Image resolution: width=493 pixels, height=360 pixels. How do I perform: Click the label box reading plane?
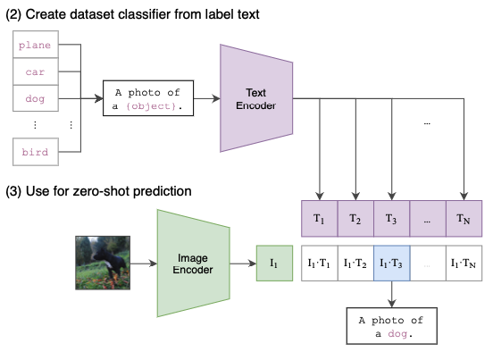pyautogui.click(x=36, y=45)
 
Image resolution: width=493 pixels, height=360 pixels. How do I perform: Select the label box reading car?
pyautogui.click(x=36, y=71)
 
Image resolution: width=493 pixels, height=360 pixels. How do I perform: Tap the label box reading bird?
pyautogui.click(x=36, y=152)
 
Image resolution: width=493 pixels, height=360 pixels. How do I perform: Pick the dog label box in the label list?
pyautogui.click(x=36, y=98)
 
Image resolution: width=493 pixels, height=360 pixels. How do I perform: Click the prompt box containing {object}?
pyautogui.click(x=148, y=98)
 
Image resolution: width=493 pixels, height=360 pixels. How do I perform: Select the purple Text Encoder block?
pyautogui.click(x=256, y=98)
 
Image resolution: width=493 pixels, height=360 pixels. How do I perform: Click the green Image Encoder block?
pyautogui.click(x=194, y=264)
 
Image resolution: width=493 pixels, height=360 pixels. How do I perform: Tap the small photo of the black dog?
pyautogui.click(x=103, y=263)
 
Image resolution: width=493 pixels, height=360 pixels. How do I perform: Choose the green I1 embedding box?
pyautogui.click(x=274, y=264)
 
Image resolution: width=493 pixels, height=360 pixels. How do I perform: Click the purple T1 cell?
pyautogui.click(x=319, y=219)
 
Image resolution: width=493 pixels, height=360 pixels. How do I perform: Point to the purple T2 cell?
pyautogui.click(x=355, y=219)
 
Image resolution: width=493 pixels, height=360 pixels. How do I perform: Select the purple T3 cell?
pyautogui.click(x=392, y=219)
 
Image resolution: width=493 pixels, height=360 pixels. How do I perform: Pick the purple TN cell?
pyautogui.click(x=464, y=219)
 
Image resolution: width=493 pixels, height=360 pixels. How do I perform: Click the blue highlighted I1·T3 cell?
pyautogui.click(x=392, y=264)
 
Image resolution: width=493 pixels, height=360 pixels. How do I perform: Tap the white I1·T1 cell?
pyautogui.click(x=320, y=264)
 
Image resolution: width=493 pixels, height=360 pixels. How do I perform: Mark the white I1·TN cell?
pyautogui.click(x=464, y=264)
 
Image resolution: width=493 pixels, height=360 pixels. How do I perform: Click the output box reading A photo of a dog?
pyautogui.click(x=392, y=326)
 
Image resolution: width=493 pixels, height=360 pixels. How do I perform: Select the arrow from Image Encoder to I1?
pyautogui.click(x=243, y=264)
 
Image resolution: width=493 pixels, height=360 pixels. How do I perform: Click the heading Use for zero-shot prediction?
pyautogui.click(x=99, y=191)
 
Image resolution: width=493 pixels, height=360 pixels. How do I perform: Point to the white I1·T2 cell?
pyautogui.click(x=355, y=264)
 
